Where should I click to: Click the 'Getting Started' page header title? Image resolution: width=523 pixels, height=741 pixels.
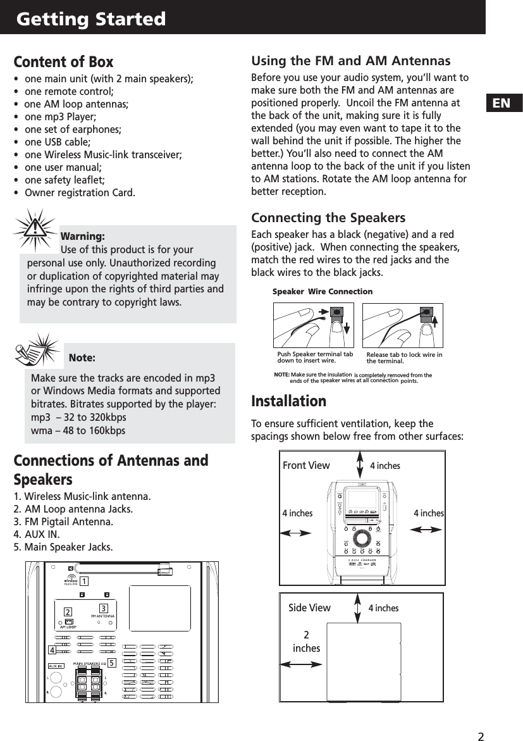[91, 19]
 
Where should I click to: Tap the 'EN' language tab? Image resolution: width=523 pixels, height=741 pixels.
[501, 102]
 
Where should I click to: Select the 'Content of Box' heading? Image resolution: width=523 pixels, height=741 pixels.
[63, 62]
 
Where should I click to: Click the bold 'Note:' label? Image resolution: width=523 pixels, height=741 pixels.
[82, 358]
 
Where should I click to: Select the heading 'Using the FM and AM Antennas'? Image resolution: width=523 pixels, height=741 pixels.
[351, 61]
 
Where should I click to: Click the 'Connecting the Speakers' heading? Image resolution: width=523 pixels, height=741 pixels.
[328, 218]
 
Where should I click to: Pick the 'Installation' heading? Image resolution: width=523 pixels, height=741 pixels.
[289, 402]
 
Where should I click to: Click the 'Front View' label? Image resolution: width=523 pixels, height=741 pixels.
[306, 466]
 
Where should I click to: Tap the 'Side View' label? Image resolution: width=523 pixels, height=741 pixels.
[309, 608]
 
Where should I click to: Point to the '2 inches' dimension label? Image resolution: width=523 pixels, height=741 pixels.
[307, 642]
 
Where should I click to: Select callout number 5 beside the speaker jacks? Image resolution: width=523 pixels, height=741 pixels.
[111, 663]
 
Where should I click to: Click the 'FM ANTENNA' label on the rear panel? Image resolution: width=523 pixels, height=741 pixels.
[103, 615]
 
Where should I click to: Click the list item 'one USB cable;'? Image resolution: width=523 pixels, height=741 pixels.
[57, 142]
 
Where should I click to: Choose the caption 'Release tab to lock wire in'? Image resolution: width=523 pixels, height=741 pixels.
[404, 355]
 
